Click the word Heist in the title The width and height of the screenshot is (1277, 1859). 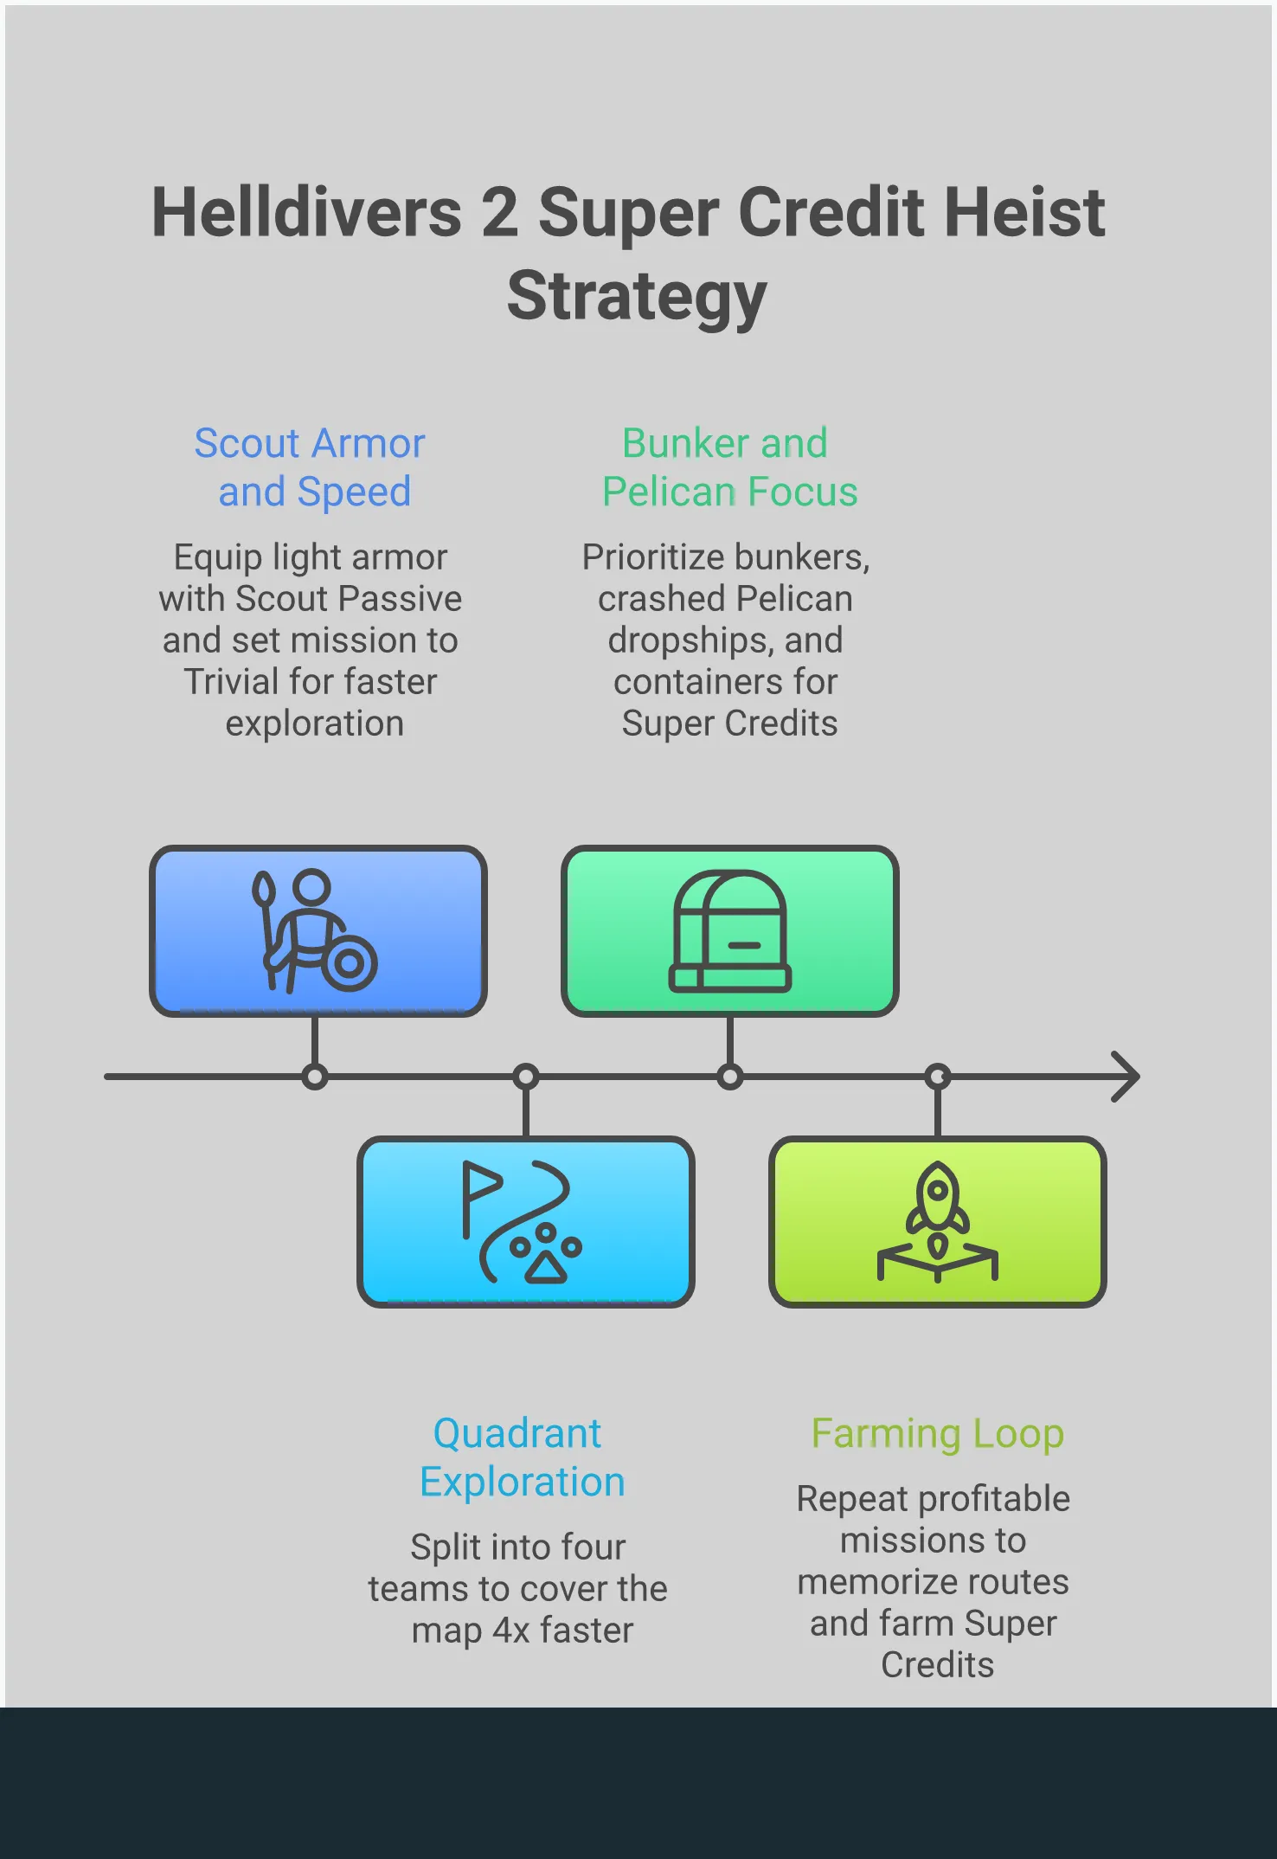1024,213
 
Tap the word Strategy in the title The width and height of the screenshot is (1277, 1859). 637,296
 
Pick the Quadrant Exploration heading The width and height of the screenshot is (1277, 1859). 521,1457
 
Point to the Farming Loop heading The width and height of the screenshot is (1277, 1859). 937,1433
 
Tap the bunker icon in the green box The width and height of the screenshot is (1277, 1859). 729,930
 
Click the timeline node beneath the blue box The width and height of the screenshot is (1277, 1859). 315,1077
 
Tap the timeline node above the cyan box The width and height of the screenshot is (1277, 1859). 525,1077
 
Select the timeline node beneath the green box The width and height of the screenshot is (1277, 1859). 730,1077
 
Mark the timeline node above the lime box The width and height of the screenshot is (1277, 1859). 937,1077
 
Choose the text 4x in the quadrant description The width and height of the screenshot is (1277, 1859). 511,1631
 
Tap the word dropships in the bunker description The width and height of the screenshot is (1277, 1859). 675,640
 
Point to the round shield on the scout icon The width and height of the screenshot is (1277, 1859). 350,963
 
